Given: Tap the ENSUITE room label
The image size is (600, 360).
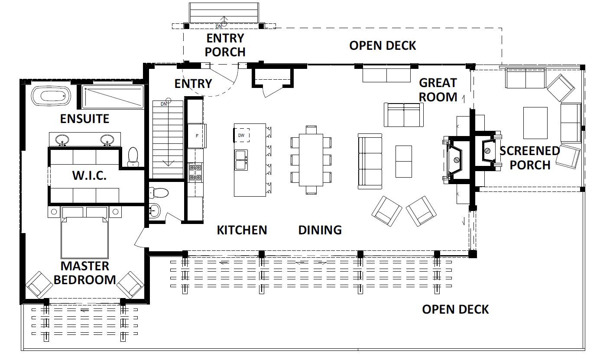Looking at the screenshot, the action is (x=84, y=119).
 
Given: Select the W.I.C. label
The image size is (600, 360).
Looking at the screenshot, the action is (x=90, y=175).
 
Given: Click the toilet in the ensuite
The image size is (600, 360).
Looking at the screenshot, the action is (x=133, y=157).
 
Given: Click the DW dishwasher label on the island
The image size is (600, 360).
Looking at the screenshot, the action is (x=241, y=135).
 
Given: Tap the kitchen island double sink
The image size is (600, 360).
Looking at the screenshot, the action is (x=241, y=160).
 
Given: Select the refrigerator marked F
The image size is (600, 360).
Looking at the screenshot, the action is (x=197, y=136).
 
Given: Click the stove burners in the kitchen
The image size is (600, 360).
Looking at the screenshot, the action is (x=195, y=172).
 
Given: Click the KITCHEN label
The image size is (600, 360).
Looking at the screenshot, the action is (x=242, y=230).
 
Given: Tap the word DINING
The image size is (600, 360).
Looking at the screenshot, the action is (x=320, y=230).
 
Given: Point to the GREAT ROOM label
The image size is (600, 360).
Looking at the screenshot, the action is (x=438, y=90).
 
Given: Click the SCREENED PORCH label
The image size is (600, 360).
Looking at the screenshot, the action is (x=530, y=158).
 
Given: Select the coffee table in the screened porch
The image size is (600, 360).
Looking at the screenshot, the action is (x=535, y=123).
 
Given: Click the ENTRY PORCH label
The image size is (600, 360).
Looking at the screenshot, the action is (x=225, y=45).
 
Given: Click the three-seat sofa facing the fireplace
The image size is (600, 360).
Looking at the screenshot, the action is (x=370, y=161).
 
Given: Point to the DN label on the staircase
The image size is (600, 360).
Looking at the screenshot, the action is (x=164, y=104).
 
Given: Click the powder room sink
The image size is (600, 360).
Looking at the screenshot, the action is (x=154, y=211).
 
